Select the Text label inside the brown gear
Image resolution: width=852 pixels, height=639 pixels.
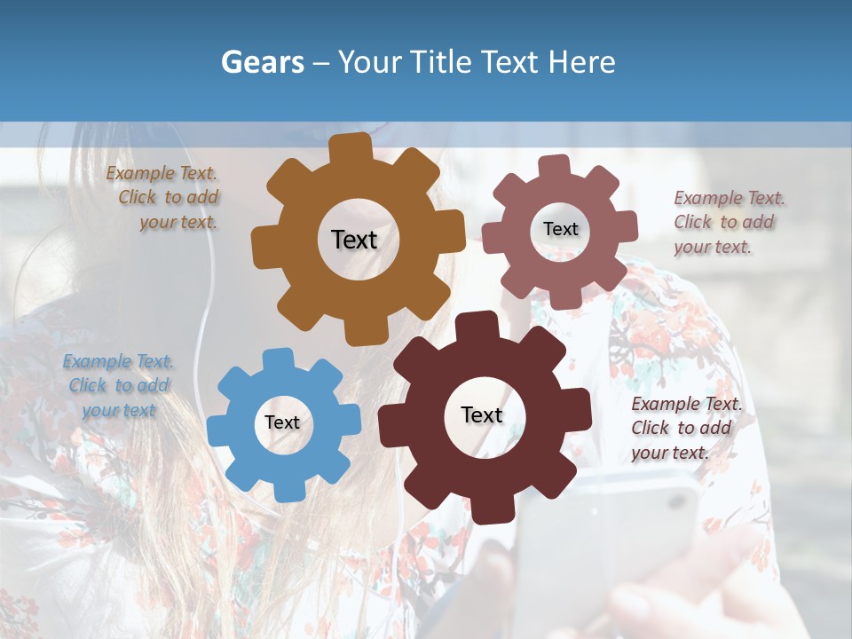(354, 240)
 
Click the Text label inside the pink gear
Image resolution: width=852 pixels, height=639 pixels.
(560, 229)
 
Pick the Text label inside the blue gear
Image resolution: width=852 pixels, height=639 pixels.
(281, 422)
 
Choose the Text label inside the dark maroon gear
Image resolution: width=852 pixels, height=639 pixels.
(482, 415)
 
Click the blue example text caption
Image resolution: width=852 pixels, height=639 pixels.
(119, 386)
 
